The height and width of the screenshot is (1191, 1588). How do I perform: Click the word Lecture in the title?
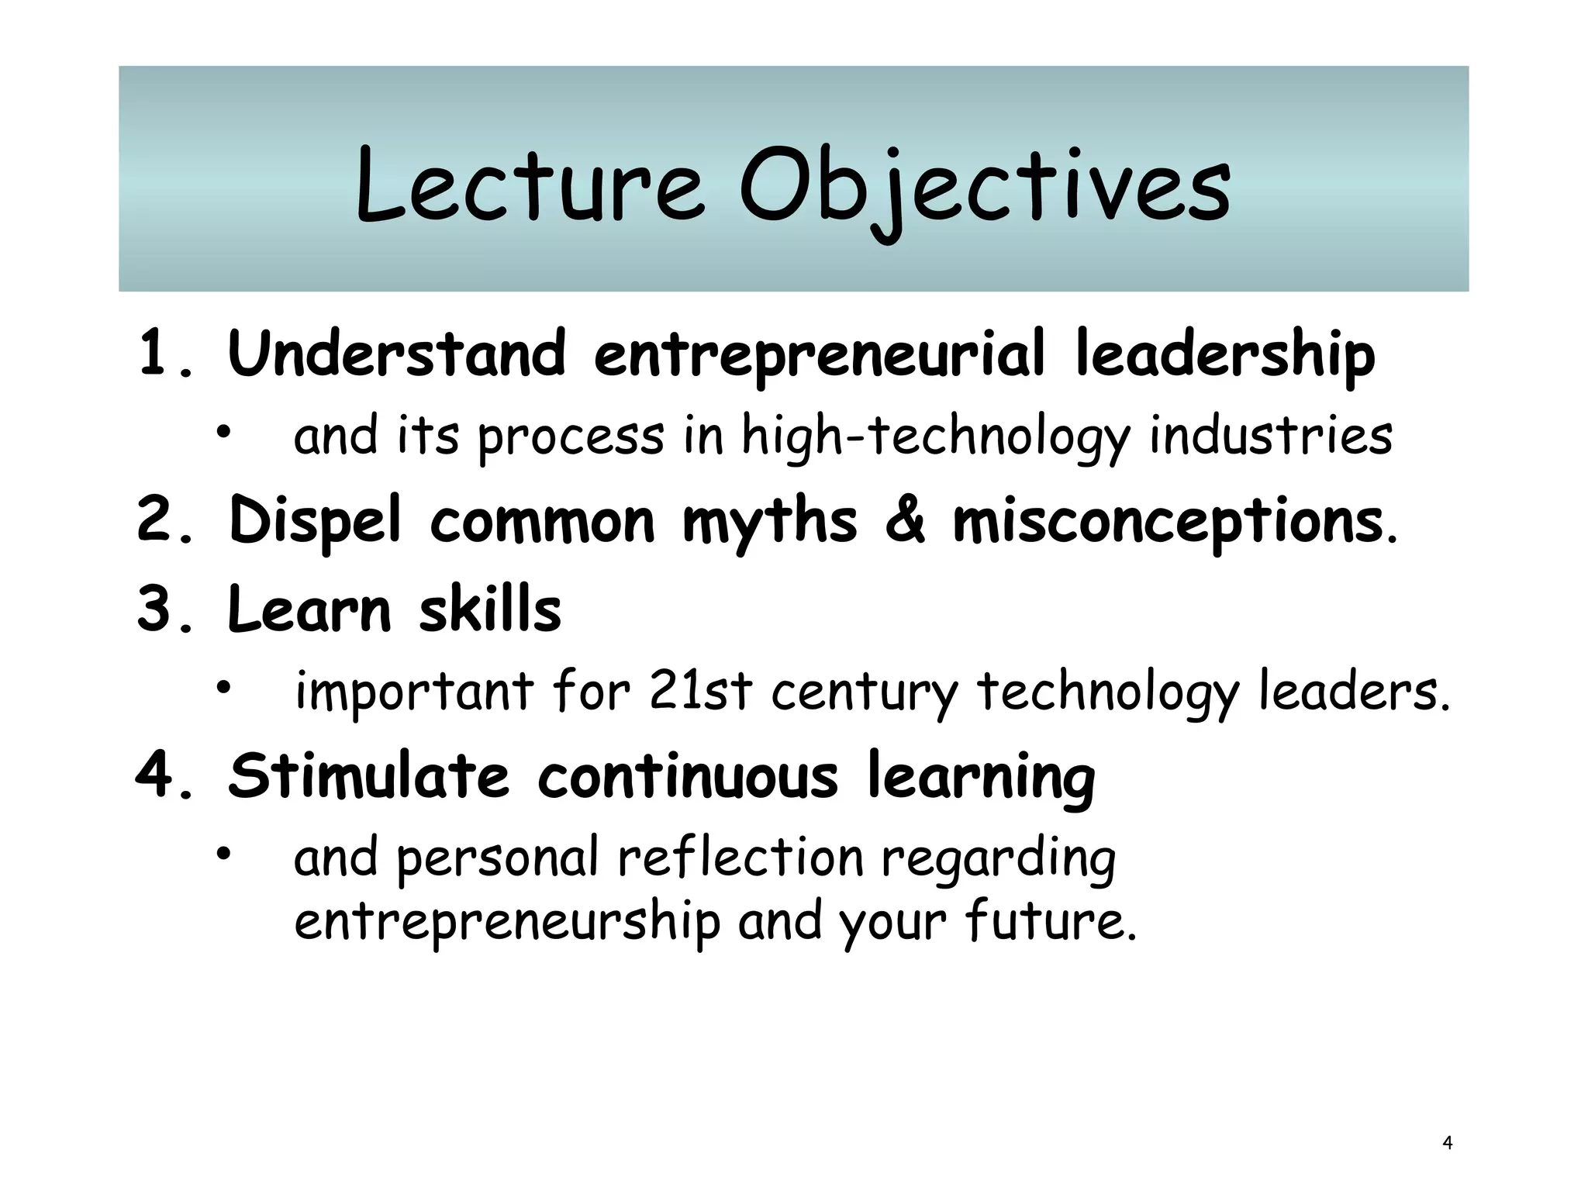point(530,186)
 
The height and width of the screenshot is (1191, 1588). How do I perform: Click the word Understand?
point(396,354)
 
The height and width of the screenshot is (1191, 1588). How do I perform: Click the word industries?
point(1270,436)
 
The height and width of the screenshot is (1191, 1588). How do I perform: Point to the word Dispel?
point(316,522)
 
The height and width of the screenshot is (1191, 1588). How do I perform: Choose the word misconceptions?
point(1167,522)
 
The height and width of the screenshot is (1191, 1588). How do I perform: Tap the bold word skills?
point(490,609)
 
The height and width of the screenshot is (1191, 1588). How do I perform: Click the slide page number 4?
point(1447,1142)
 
